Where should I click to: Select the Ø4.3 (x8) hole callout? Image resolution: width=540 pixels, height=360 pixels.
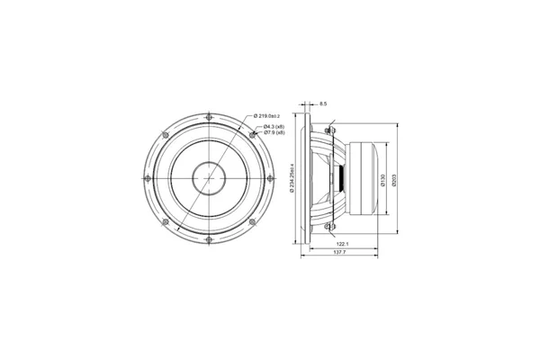click(x=274, y=127)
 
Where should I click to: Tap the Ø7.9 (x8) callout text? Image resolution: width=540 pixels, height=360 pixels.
click(x=274, y=134)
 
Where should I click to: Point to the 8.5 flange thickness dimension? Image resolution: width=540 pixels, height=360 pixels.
click(x=323, y=103)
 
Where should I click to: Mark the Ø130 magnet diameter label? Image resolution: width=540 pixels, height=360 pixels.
click(x=382, y=181)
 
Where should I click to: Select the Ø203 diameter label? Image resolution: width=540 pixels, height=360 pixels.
click(x=396, y=181)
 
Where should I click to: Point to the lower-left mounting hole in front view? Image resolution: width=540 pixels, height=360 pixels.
click(x=166, y=220)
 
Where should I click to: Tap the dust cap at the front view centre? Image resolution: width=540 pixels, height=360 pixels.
click(x=209, y=177)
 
